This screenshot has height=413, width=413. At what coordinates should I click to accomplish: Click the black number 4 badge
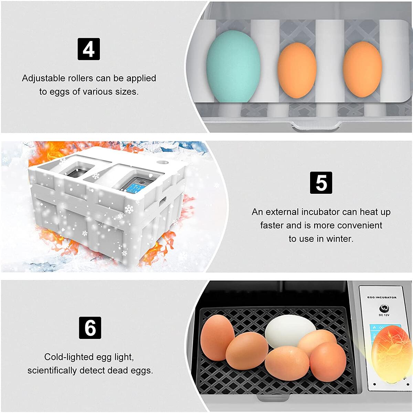[x=89, y=49]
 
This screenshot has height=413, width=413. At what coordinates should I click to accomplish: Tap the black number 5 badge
[x=321, y=182]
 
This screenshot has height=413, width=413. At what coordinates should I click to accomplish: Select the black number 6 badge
[x=90, y=328]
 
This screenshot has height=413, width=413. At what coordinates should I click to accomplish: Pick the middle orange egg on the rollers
[x=297, y=70]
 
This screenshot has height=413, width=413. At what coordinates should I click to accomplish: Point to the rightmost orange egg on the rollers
[x=362, y=69]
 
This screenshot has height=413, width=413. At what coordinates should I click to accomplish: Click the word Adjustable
[x=43, y=78]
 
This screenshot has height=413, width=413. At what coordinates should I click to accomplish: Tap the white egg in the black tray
[x=290, y=331]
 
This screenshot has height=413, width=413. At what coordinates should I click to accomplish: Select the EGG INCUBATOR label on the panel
[x=382, y=297]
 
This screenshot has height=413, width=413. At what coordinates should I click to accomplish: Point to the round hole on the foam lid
[x=163, y=162]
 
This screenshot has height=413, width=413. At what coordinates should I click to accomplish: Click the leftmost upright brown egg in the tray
[x=217, y=338]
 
